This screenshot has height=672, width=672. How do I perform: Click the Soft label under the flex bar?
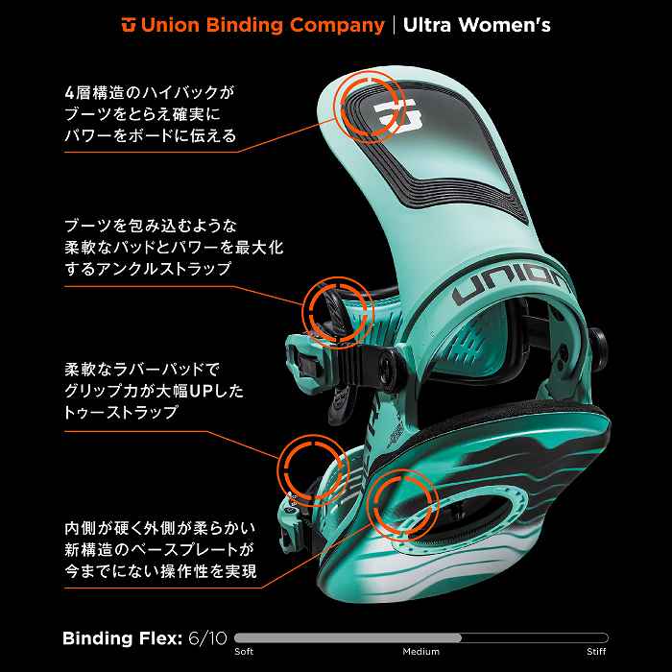click(x=244, y=652)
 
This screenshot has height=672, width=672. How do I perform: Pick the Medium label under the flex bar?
click(x=421, y=652)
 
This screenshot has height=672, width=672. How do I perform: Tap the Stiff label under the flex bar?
click(x=597, y=652)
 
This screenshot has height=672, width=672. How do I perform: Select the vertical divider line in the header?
click(x=394, y=23)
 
